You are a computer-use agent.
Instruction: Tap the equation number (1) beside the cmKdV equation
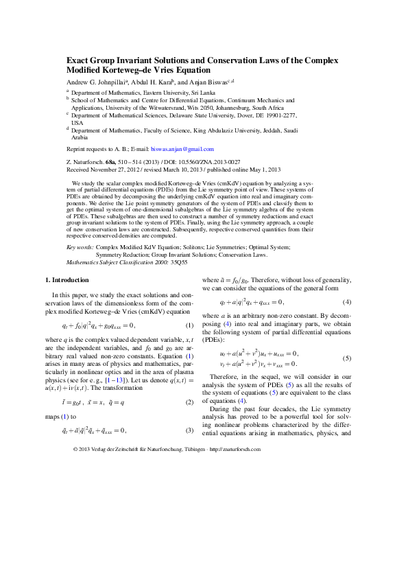click(x=189, y=325)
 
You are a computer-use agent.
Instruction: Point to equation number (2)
click(x=189, y=402)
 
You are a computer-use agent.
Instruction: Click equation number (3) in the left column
click(x=189, y=430)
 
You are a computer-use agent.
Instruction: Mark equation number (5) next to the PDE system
click(x=348, y=358)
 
